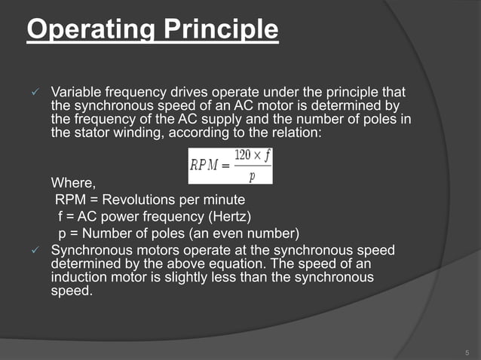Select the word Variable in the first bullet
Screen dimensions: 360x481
point(76,90)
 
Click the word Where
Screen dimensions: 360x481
point(72,182)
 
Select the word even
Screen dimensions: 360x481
point(227,232)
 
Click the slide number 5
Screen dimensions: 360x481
point(467,352)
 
